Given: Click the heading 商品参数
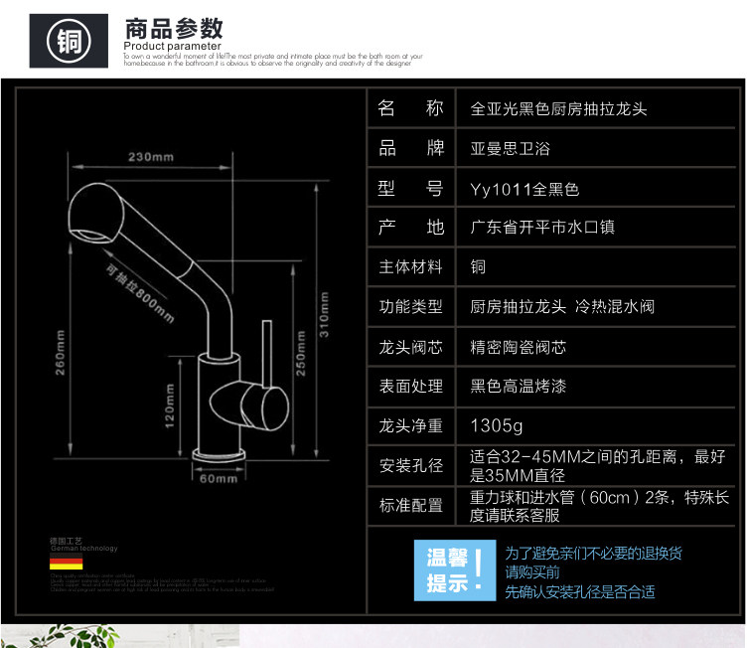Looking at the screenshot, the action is pos(174,27).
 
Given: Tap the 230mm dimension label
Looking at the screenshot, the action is pos(151,157).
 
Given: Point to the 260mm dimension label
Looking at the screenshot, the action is pos(61,354).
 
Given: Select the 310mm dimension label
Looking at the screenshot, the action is pos(324,317).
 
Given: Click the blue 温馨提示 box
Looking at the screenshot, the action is pos(454,569).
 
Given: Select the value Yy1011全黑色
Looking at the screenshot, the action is pos(523,188).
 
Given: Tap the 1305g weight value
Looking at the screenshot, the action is pos(497,425).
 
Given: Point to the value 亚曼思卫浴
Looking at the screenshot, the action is pos(510,148).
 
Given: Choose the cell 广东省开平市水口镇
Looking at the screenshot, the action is pos(542,228).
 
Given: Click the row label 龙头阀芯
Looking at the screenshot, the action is pos(411,347).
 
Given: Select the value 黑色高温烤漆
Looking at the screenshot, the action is pos(518,386).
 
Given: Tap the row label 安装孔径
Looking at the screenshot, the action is pos(411,465).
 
